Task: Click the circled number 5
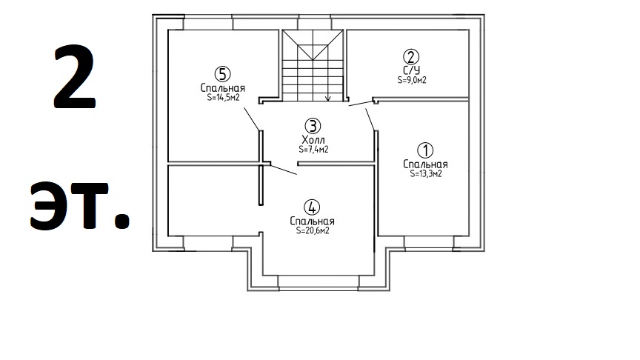tap(222, 74)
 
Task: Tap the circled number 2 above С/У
tap(411, 57)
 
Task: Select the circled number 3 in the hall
tap(313, 126)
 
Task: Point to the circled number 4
tap(313, 207)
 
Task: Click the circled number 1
tap(425, 150)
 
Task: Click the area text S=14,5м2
tap(223, 98)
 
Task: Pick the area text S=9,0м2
tap(412, 80)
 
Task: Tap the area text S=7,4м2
tap(313, 150)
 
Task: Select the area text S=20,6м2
tap(313, 230)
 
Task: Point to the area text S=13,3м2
tap(426, 173)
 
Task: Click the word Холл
tap(313, 139)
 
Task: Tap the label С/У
tap(411, 70)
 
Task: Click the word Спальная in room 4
tap(313, 221)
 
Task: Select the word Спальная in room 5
tap(223, 87)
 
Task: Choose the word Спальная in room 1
tap(425, 164)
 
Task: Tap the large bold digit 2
tap(75, 77)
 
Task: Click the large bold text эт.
tap(80, 205)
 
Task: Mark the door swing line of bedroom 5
tap(251, 119)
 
